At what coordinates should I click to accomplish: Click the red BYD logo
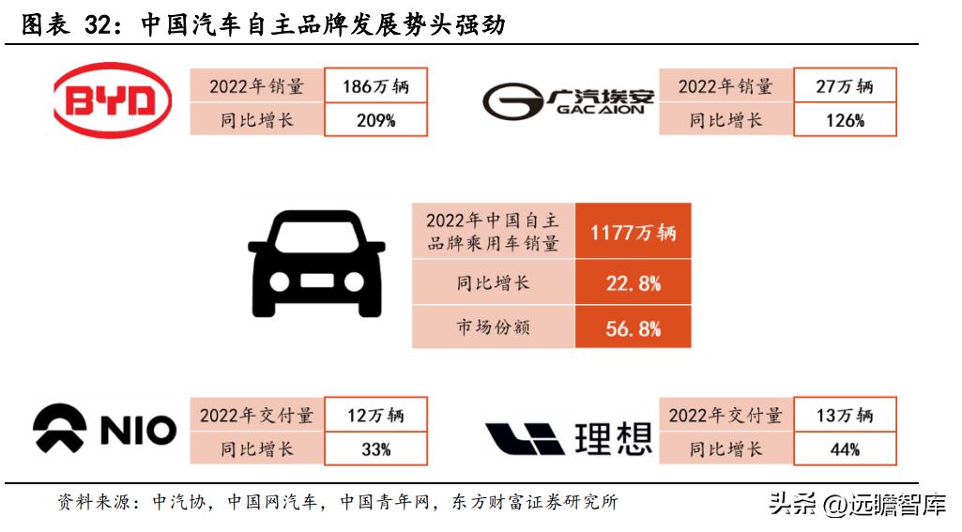coord(113,101)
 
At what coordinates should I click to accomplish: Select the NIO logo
coord(104,431)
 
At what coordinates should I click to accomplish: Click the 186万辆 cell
coord(375,86)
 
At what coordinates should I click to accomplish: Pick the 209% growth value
coord(375,120)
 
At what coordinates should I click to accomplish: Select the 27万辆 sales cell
coord(844,86)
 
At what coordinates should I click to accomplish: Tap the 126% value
coord(844,120)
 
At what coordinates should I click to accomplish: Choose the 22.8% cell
coord(633,282)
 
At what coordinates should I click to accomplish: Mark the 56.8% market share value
coord(633,328)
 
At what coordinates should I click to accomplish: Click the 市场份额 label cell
coord(493,328)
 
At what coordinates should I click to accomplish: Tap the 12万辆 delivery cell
coord(375,415)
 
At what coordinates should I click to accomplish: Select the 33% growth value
coord(375,449)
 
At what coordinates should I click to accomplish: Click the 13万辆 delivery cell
coord(844,415)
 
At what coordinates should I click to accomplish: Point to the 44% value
coord(844,449)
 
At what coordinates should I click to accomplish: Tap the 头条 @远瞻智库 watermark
coord(856,504)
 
